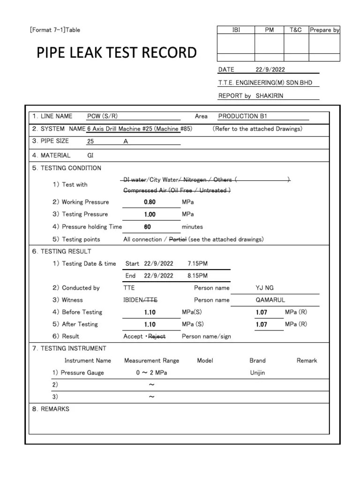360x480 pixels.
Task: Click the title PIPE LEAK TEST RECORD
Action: tap(117, 52)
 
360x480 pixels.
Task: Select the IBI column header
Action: tap(236, 30)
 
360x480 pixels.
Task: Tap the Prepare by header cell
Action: tap(324, 30)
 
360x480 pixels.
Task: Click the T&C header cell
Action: tap(296, 30)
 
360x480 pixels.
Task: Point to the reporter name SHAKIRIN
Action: tap(270, 96)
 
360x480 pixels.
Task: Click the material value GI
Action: tap(91, 155)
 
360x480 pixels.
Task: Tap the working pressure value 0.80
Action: tap(150, 202)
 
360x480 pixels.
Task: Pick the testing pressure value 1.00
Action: tap(150, 214)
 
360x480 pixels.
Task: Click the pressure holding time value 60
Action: tap(148, 227)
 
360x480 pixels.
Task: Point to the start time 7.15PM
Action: tap(197, 263)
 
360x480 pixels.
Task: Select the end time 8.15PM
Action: tap(197, 276)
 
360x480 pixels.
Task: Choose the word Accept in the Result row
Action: tap(133, 336)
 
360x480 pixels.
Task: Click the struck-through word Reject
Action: tap(157, 336)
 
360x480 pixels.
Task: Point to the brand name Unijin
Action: tap(258, 373)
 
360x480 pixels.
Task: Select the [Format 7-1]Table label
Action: tap(55, 30)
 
